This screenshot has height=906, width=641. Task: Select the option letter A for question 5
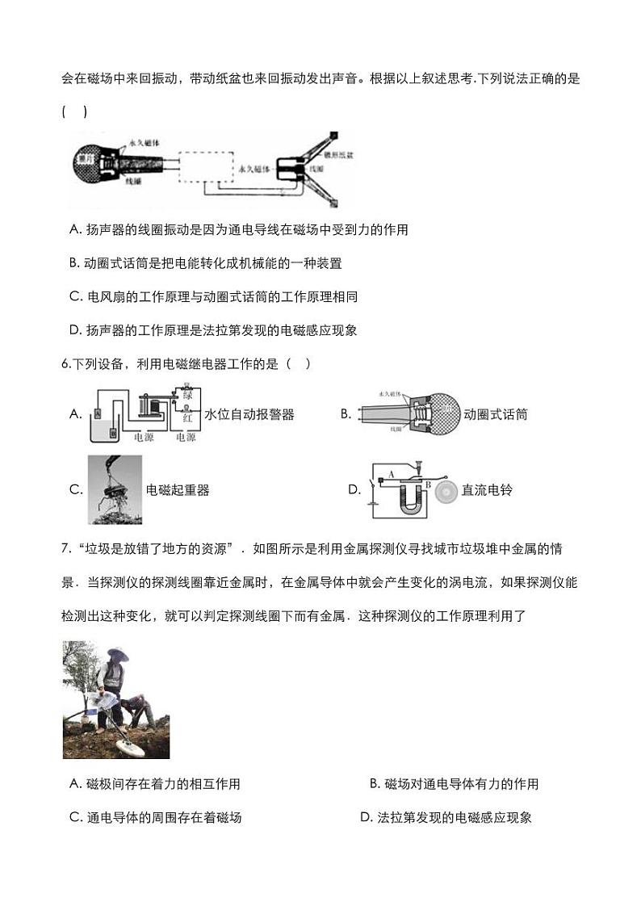coord(76,230)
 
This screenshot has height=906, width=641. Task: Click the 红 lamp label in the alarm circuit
coord(187,418)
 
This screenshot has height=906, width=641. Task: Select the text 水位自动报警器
coord(249,414)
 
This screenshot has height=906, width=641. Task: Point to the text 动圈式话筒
coord(495,414)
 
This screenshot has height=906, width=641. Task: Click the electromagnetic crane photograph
coord(115,489)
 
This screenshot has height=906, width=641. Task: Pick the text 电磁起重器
coord(178,490)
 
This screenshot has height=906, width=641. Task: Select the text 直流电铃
coord(487,490)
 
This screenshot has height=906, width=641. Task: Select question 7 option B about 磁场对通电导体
coord(454,784)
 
